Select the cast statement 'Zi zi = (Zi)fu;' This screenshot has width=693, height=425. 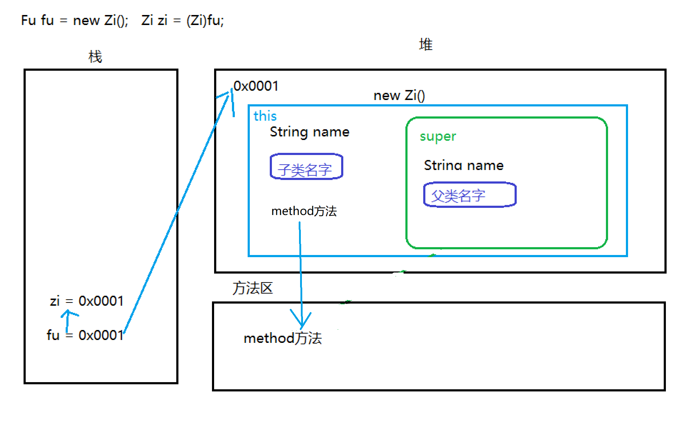pos(182,20)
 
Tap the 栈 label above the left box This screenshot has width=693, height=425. pos(95,57)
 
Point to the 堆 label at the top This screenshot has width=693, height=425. pos(425,45)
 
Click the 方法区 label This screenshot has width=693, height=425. pos(252,288)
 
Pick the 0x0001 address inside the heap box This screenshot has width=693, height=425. pos(256,86)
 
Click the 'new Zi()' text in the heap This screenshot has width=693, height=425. pos(399,95)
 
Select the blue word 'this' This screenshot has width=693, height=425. pos(265,116)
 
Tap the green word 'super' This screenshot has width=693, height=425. pos(438,136)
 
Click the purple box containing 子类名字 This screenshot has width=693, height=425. pos(306,166)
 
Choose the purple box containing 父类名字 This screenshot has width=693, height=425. pos(470,195)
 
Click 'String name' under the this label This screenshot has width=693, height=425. pos(309,132)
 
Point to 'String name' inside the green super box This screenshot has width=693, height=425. pos(464,165)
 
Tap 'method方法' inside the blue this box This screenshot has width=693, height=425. pos(304,211)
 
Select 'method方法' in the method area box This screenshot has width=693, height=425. pos(283,338)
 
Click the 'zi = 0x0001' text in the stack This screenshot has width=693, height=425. pos(87,301)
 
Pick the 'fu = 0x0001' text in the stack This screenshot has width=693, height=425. pos(85,335)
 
